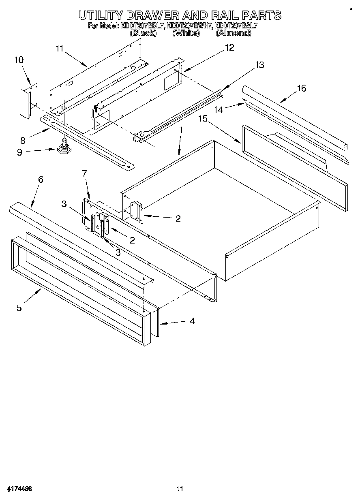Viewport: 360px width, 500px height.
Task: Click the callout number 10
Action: pyautogui.click(x=19, y=60)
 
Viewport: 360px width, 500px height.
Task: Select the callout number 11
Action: pyautogui.click(x=60, y=49)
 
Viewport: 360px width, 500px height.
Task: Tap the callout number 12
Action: pyautogui.click(x=229, y=48)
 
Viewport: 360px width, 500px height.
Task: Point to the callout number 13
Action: pyautogui.click(x=259, y=65)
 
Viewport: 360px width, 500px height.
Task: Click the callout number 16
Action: pyautogui.click(x=301, y=88)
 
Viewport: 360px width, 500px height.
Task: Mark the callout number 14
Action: pyautogui.click(x=219, y=110)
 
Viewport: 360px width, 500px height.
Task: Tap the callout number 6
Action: pyautogui.click(x=41, y=179)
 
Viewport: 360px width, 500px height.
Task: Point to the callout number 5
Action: pyautogui.click(x=19, y=308)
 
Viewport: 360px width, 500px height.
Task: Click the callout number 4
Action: pyautogui.click(x=192, y=321)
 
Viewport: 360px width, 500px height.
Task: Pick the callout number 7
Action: pyautogui.click(x=84, y=173)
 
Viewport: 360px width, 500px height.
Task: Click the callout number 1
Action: pyautogui.click(x=181, y=130)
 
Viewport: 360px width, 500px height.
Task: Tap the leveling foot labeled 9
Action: pyautogui.click(x=64, y=148)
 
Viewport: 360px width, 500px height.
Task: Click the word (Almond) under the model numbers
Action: pyautogui.click(x=233, y=33)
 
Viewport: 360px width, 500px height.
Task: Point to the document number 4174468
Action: pyautogui.click(x=19, y=488)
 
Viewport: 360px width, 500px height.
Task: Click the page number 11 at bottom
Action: pyautogui.click(x=180, y=488)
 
